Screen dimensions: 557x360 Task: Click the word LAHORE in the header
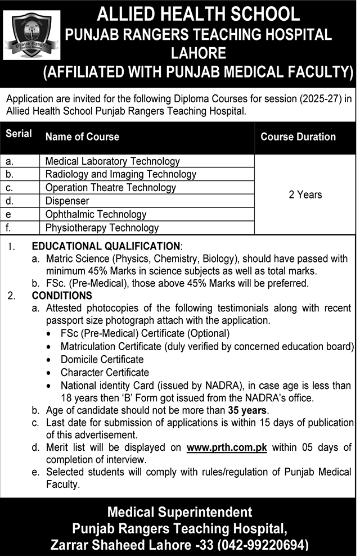[200, 53]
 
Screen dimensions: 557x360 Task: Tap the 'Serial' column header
[19, 134]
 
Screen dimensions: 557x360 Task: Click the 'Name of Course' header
[82, 137]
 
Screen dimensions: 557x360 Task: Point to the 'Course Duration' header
[298, 137]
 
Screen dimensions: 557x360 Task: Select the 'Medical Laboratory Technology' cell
[112, 161]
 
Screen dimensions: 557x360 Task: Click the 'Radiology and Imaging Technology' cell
[121, 174]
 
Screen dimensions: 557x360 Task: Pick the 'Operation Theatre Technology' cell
[111, 188]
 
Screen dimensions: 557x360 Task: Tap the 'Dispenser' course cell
[67, 201]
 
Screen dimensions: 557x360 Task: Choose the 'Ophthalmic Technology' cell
[96, 214]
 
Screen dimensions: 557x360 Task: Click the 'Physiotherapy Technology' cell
[102, 228]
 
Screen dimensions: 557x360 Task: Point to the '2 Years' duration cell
[305, 194]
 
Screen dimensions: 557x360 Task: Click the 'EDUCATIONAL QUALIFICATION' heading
[106, 246]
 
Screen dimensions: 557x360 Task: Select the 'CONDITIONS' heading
[62, 296]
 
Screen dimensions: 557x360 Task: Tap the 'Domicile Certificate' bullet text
[102, 359]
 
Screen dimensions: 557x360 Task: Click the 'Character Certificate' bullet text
[105, 372]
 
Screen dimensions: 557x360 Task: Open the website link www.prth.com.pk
[227, 447]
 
